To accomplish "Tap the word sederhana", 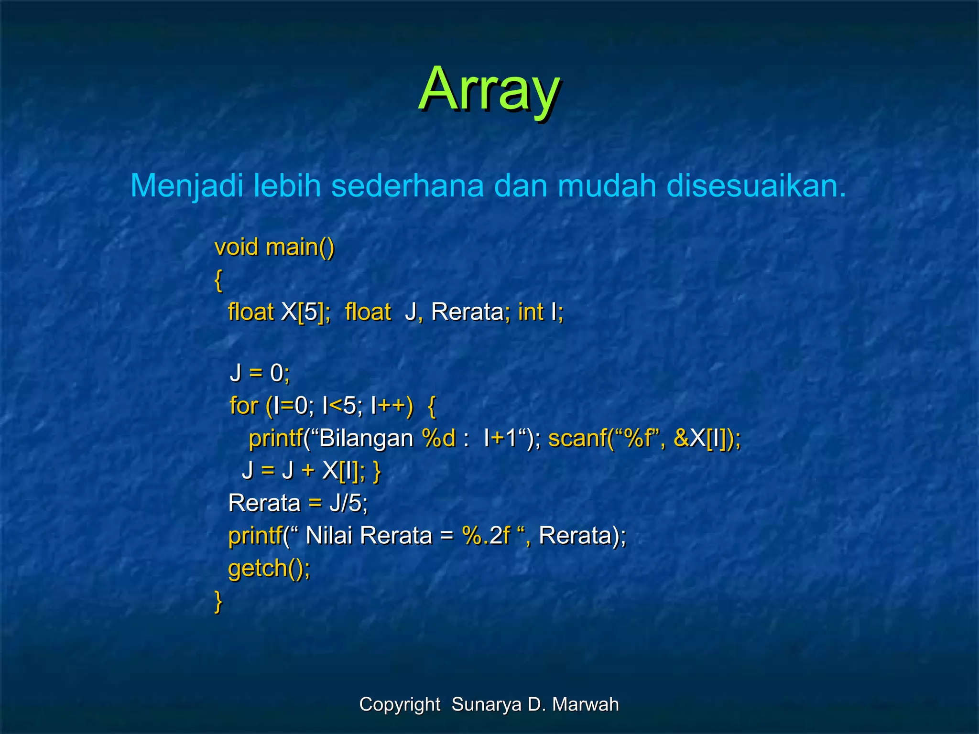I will (x=407, y=185).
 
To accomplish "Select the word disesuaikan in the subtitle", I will (x=756, y=185).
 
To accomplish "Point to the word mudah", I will (x=607, y=185).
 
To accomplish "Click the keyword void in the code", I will (x=237, y=248).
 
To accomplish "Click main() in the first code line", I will (x=300, y=248).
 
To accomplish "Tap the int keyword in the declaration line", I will (x=531, y=313).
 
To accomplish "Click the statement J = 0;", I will (x=260, y=373).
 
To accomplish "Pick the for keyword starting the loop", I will (x=243, y=406).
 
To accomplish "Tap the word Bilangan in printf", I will (x=366, y=438).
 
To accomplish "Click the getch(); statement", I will (x=269, y=569).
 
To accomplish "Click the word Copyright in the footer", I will (x=400, y=704).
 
